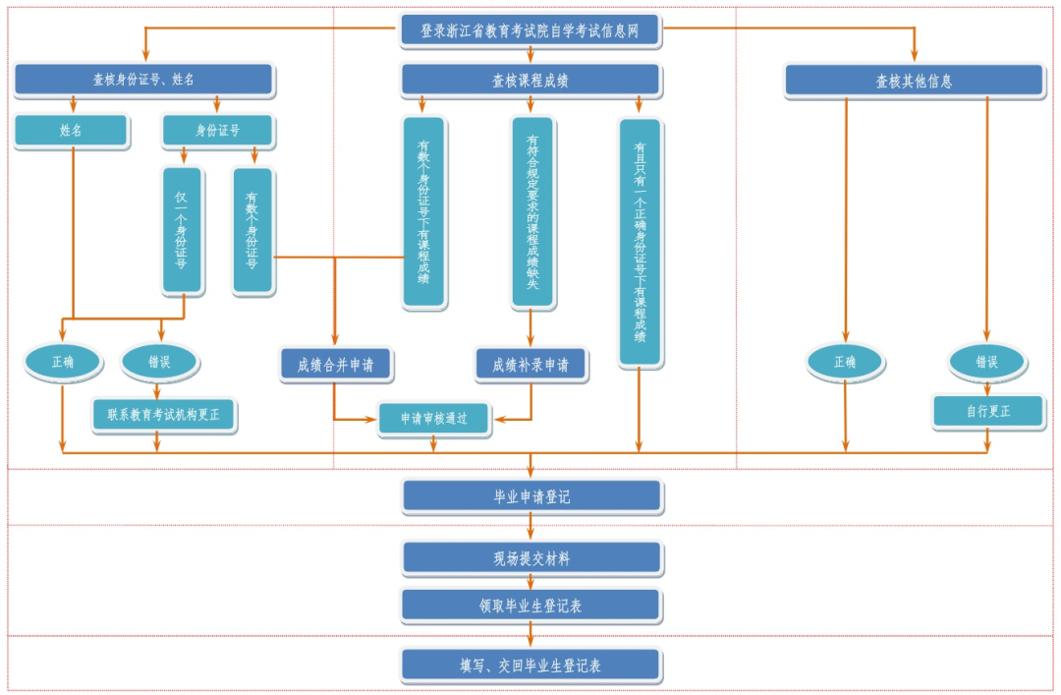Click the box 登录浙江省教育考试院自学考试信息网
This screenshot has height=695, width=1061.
(x=530, y=30)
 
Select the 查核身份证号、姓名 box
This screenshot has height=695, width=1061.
(x=143, y=80)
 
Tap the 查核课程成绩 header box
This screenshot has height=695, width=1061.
(x=530, y=81)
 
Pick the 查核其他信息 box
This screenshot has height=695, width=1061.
(x=914, y=81)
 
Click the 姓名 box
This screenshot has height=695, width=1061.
(x=71, y=130)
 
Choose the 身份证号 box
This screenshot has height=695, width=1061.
(x=217, y=130)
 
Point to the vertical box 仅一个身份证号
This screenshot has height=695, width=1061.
(x=182, y=230)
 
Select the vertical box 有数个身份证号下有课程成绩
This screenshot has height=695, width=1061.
(x=423, y=211)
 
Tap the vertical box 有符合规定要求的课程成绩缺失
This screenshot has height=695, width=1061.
(x=532, y=211)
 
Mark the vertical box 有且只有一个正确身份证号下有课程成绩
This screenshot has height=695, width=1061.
(x=640, y=242)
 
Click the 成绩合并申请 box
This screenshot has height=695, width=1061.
(x=335, y=365)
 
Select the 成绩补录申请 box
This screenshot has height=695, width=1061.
(x=530, y=365)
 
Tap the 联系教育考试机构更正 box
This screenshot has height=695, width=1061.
(x=164, y=415)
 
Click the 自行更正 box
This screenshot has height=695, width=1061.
(x=986, y=411)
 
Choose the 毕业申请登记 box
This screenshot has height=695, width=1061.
(x=531, y=496)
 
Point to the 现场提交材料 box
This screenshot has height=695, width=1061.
(x=531, y=558)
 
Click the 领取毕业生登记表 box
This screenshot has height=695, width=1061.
(x=530, y=606)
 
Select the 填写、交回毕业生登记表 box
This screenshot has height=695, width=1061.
(x=530, y=666)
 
